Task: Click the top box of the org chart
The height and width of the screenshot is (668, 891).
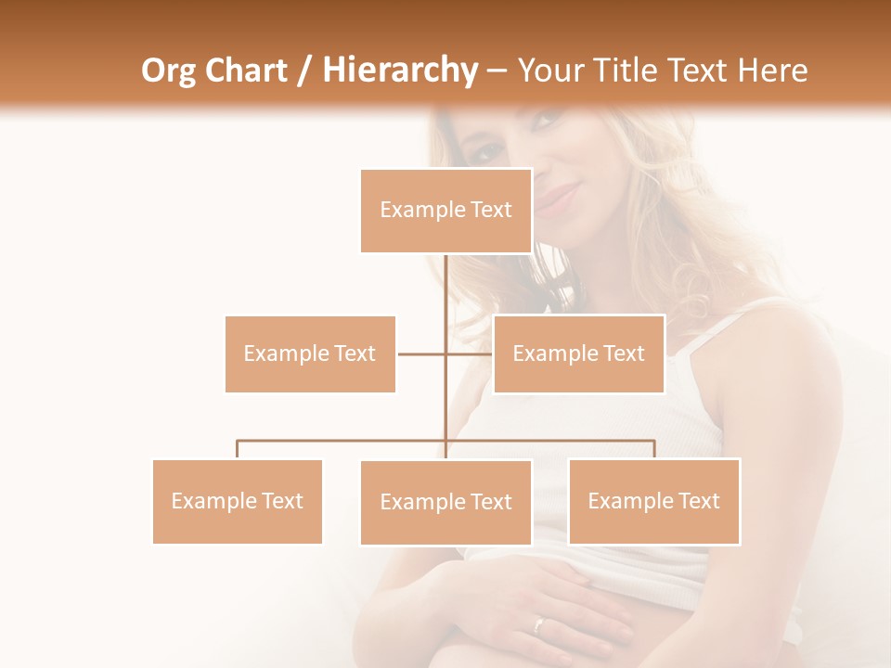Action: (445, 211)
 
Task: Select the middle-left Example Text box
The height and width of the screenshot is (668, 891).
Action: (310, 353)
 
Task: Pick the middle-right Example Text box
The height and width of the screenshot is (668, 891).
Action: (578, 353)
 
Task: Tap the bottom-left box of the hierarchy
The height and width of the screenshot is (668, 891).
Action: (237, 501)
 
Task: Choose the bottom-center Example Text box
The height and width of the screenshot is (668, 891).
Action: (445, 502)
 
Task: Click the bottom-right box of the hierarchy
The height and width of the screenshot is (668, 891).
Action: (653, 501)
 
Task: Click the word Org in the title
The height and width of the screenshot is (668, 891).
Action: (168, 71)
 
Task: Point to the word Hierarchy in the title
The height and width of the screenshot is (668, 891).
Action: (399, 71)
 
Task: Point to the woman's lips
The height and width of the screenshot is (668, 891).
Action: (557, 199)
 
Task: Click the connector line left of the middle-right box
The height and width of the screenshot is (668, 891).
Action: (470, 353)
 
